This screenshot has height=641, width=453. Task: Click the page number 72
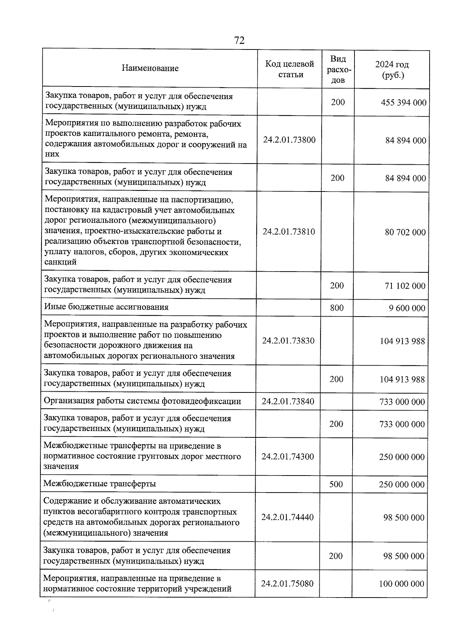coord(239,40)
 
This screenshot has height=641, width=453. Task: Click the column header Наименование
coord(150,68)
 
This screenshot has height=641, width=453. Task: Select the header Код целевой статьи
coord(290,69)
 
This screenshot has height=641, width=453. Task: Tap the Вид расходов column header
coord(338,69)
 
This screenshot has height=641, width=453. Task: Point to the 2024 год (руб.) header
coord(392,70)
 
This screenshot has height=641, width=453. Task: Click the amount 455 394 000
coord(404,102)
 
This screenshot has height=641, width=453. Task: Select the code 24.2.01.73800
coord(289,140)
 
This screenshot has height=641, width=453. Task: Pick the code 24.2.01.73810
coord(289,232)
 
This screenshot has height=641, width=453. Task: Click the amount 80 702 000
coord(405,232)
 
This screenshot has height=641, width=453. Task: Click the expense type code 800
coord(337,308)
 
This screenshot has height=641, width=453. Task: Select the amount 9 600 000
coord(407,308)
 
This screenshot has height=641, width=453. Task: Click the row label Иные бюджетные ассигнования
coord(106,307)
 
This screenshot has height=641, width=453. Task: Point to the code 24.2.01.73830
coord(288,341)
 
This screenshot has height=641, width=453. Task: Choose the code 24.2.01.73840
coord(288,401)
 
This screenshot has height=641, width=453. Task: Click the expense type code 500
coord(336,484)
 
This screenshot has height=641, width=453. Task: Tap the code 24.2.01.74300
coord(288,456)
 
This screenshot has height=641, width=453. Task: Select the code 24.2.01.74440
coord(287,517)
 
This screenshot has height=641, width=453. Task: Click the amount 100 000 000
coord(402,584)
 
